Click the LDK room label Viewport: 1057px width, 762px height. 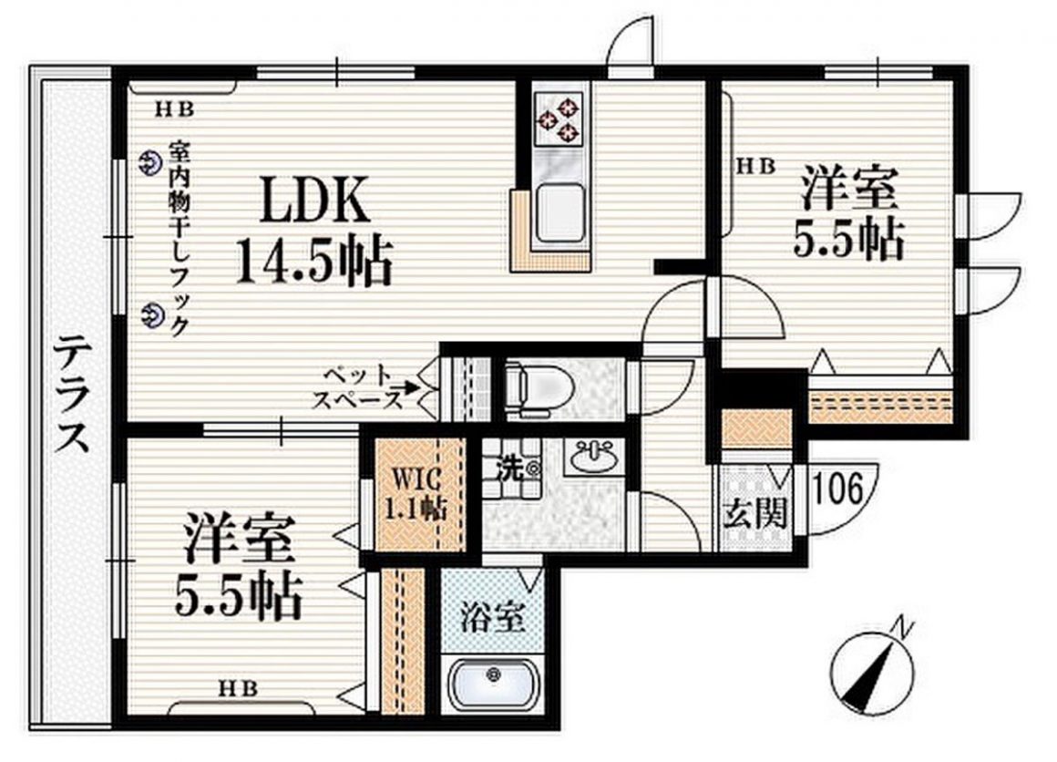pyautogui.click(x=315, y=201)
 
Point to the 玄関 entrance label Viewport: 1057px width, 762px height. pyautogui.click(x=754, y=516)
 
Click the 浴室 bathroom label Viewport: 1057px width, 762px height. pyautogui.click(x=492, y=619)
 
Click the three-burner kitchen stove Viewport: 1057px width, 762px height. pyautogui.click(x=558, y=118)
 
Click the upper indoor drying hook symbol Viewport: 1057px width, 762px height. pyautogui.click(x=149, y=163)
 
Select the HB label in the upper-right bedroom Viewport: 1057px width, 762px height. pyautogui.click(x=755, y=166)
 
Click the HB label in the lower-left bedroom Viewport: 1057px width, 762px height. pyautogui.click(x=236, y=687)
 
